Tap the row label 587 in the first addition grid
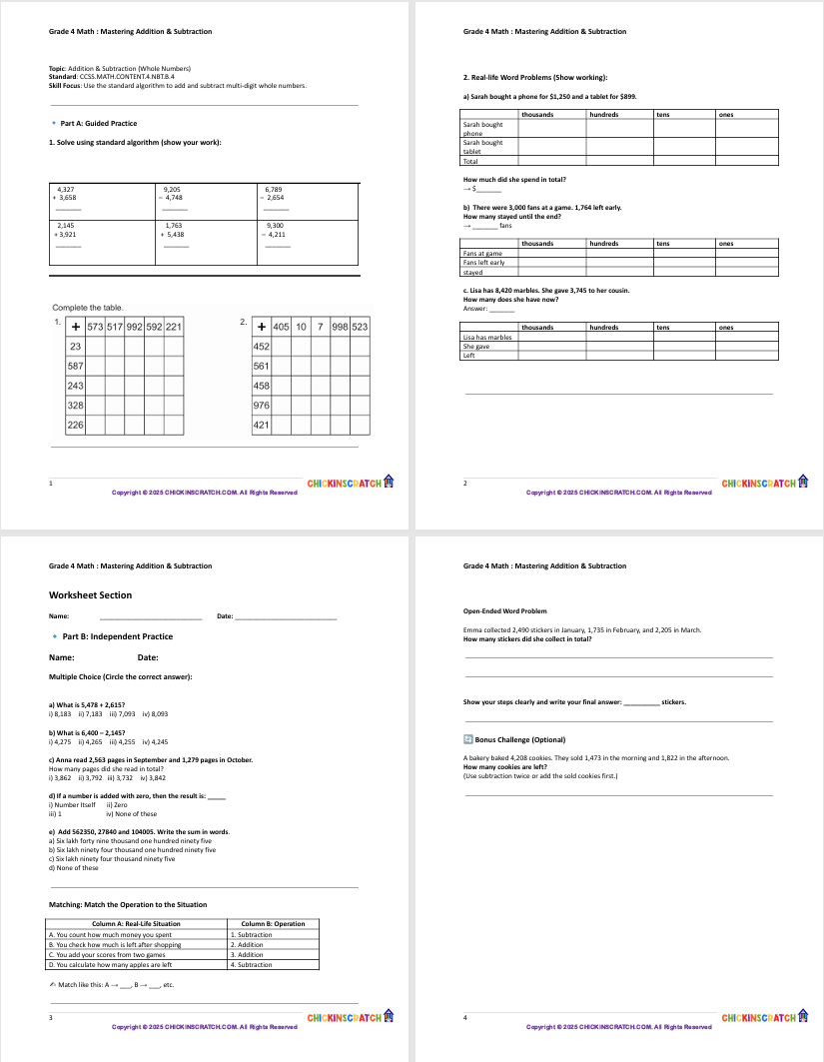75,366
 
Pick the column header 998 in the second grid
340,327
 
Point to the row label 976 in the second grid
263,406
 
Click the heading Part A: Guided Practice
99,124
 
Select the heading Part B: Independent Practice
117,636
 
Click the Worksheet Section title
90,595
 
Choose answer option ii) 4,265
91,742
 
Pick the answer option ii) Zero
117,804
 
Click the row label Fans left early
483,263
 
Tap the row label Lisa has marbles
486,338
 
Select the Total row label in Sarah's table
471,161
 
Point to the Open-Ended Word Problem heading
505,611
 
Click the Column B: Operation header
273,924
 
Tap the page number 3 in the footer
51,1018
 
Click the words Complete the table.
87,308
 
